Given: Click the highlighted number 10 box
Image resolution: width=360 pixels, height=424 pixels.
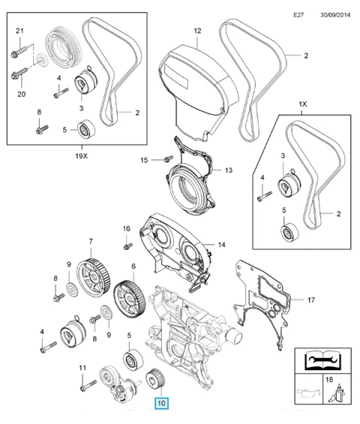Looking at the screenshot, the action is point(161,403).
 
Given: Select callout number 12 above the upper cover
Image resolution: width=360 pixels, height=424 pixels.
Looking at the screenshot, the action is point(197,31).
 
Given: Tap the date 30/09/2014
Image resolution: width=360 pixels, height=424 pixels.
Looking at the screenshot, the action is point(335,15).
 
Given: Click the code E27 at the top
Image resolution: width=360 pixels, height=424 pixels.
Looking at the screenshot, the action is point(298,15).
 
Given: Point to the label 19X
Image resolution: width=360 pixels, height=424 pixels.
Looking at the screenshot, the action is point(82,156).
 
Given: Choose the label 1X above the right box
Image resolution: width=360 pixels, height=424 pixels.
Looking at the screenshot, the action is point(302,104).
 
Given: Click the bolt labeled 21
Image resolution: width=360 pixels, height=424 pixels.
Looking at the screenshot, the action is point(20,52).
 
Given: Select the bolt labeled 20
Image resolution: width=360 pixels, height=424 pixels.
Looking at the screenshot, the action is point(19,73).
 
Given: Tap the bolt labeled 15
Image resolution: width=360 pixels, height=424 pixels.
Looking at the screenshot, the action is point(168,159).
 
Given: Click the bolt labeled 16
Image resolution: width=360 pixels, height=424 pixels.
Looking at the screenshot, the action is point(127,246).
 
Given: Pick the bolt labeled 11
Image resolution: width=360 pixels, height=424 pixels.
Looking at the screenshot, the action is point(88,386).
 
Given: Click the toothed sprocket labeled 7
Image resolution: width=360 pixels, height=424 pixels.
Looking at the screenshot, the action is point(94,278).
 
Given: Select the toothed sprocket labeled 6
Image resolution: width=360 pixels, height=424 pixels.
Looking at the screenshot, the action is point(130,300).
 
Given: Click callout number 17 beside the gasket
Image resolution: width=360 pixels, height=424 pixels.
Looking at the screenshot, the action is point(311,300).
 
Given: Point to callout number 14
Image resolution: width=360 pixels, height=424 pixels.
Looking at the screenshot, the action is point(221,245).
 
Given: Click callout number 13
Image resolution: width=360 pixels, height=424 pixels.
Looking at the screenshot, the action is point(229,170).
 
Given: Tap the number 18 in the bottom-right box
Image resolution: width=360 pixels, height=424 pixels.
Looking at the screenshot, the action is point(328,380).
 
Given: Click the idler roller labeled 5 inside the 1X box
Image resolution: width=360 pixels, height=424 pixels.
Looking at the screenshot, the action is point(290,233).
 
